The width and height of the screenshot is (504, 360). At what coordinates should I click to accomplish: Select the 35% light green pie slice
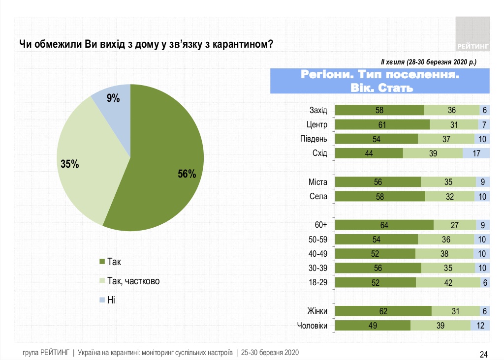point(86,157)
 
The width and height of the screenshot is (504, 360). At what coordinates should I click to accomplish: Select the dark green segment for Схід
point(369,153)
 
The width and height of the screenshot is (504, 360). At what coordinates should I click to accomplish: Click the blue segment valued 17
point(476,153)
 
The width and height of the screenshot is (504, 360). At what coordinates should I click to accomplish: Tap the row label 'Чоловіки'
point(313,326)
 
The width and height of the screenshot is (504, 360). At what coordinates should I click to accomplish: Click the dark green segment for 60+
point(384,225)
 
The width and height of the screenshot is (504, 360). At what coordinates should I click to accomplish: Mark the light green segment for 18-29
point(448,282)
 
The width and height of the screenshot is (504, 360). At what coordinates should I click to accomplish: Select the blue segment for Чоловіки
point(480,326)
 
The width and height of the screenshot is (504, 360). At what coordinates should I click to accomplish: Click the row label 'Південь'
point(314,139)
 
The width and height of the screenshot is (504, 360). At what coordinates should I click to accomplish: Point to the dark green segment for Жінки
point(383,311)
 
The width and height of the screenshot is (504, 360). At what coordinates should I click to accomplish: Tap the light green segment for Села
point(449,196)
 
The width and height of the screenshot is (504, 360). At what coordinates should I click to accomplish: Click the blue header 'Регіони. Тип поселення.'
point(380,75)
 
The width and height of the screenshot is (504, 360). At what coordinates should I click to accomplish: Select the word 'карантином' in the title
point(240,44)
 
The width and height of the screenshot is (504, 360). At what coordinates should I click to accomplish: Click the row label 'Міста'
point(318,182)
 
